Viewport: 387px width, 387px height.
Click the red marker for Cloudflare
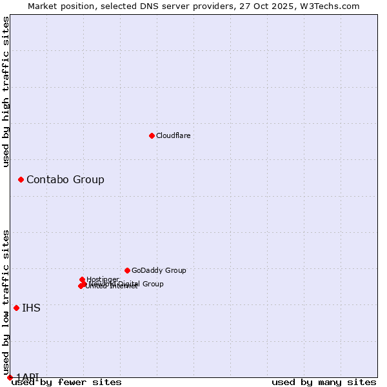tap(152, 135)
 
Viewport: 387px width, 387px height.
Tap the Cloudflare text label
tap(174, 135)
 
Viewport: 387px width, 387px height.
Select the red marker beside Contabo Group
tap(21, 179)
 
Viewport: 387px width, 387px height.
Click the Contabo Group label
tap(65, 179)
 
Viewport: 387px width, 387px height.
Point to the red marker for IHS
tap(16, 308)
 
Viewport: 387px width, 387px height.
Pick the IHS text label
tap(31, 308)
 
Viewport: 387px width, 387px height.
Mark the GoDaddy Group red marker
tap(127, 270)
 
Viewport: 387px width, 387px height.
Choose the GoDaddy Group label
tap(159, 270)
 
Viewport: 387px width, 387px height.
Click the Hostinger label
tap(103, 279)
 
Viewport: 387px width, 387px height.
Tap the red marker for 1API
tap(10, 377)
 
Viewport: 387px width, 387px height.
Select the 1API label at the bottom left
tap(27, 377)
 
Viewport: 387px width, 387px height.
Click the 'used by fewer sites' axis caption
tap(66, 382)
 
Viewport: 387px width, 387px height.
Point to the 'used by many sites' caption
tap(324, 382)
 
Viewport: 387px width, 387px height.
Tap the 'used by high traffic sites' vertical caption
tap(6, 92)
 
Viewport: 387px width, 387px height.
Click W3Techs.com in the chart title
tap(333, 6)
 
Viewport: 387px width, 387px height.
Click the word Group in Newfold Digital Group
tap(153, 284)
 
